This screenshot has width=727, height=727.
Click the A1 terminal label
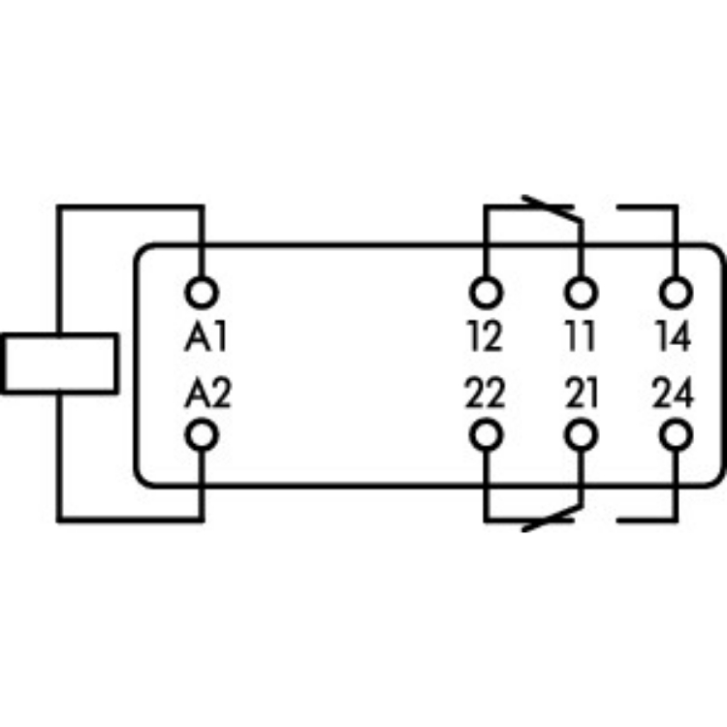[205, 338]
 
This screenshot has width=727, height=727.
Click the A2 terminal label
[206, 395]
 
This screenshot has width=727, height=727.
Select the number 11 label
[581, 338]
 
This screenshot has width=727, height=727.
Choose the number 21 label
[580, 395]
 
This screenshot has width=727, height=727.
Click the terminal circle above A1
[202, 291]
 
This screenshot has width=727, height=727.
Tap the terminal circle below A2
[202, 436]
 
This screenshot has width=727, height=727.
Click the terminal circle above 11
[581, 291]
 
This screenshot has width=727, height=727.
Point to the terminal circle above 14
[675, 291]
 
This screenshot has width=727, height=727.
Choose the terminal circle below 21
[581, 436]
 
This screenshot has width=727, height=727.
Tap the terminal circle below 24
[675, 436]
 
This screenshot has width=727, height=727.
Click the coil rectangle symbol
[58, 363]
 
